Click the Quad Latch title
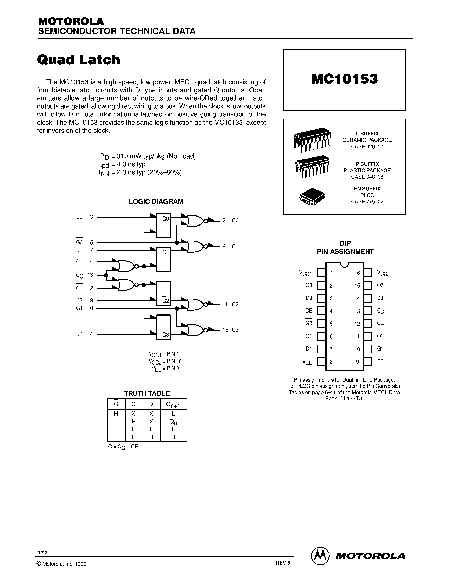(x=79, y=60)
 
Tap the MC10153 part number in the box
(x=344, y=79)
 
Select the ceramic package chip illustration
(x=312, y=139)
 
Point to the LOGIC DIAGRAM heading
(x=156, y=201)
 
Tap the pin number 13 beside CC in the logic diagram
(x=90, y=275)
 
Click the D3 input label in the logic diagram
(x=79, y=334)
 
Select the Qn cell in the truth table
(x=173, y=422)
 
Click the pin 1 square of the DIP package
(x=321, y=273)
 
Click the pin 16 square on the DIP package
(x=367, y=273)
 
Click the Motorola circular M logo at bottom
(x=320, y=556)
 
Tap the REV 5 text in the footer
(x=282, y=563)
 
